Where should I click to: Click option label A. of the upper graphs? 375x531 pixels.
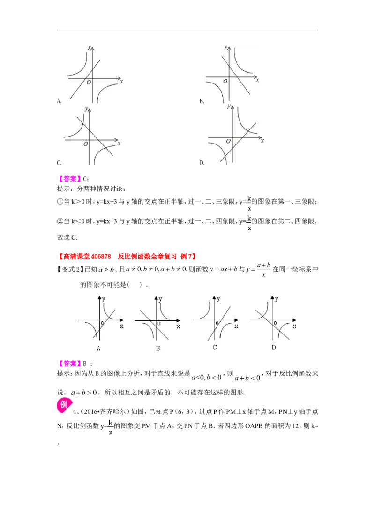pyautogui.click(x=59, y=101)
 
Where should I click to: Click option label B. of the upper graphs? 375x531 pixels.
pyautogui.click(x=202, y=101)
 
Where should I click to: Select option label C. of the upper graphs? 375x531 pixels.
pyautogui.click(x=59, y=163)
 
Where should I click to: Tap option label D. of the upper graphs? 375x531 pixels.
pyautogui.click(x=202, y=163)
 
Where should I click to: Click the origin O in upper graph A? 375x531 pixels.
pyautogui.click(x=89, y=82)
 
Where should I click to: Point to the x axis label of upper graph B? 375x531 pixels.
pyautogui.click(x=257, y=80)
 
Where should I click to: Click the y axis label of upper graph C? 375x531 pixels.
pyautogui.click(x=87, y=109)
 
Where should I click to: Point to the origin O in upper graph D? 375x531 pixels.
pyautogui.click(x=228, y=141)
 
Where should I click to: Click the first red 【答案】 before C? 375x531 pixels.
pyautogui.click(x=69, y=179)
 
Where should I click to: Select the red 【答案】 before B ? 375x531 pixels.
pyautogui.click(x=69, y=364)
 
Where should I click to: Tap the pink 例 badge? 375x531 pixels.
pyautogui.click(x=64, y=405)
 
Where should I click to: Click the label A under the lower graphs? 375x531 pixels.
pyautogui.click(x=98, y=348)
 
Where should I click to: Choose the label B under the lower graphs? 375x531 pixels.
pyautogui.click(x=157, y=348)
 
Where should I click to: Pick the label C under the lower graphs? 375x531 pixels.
pyautogui.click(x=215, y=347)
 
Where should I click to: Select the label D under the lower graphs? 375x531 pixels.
pyautogui.click(x=273, y=347)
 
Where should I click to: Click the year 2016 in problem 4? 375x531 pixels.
pyautogui.click(x=90, y=412)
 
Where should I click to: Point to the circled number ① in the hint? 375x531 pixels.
pyautogui.click(x=60, y=202)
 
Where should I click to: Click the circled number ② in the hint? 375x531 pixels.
pyautogui.click(x=60, y=221)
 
